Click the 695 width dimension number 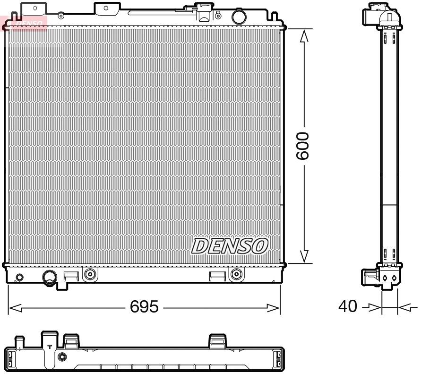tap(144, 307)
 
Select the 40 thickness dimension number tap(348, 307)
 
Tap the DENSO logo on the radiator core tap(230, 246)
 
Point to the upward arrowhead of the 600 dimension tap(305, 35)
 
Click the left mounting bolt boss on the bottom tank tap(89, 274)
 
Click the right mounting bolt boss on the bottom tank tap(236, 274)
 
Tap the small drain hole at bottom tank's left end tap(19, 277)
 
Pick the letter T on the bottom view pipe tap(50, 347)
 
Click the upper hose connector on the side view tap(371, 16)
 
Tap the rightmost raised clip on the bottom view tap(217, 340)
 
